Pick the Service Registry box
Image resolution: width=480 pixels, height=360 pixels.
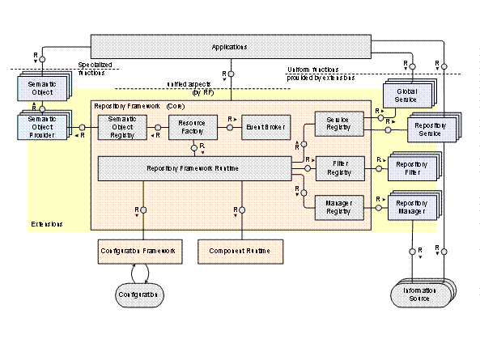[337, 124]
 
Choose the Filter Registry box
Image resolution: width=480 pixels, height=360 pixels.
[337, 167]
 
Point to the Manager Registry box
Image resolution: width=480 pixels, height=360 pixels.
[337, 207]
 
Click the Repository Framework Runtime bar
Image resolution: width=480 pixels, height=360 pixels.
[194, 168]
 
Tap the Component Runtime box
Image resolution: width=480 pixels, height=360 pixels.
[242, 252]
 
